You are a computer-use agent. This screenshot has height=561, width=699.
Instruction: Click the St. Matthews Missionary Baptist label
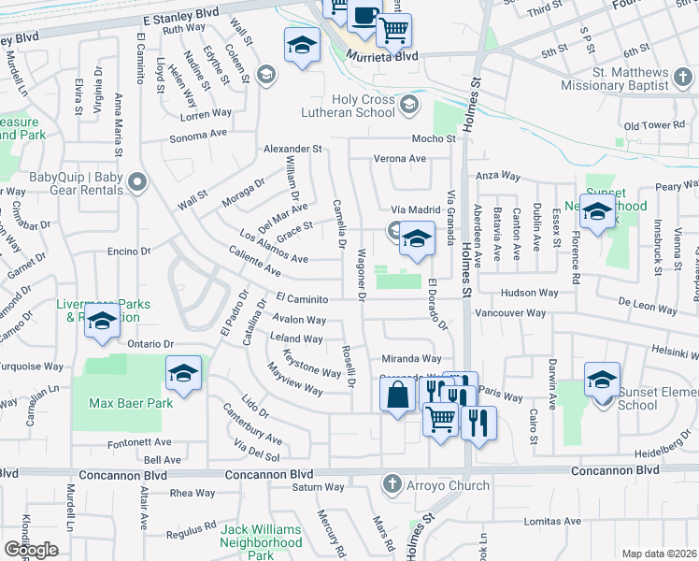click(616, 79)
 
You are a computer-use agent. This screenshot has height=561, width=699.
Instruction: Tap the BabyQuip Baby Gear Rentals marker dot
click(137, 182)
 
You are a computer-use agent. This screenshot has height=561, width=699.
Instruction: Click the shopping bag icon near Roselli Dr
click(398, 394)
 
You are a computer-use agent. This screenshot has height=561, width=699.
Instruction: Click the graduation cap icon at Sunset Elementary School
click(603, 379)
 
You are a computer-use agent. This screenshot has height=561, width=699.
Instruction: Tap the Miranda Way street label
click(410, 358)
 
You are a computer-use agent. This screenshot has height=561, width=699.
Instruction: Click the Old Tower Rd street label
click(654, 125)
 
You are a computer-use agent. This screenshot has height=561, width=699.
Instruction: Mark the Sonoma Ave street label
click(199, 136)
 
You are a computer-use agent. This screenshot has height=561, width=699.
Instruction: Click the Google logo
click(31, 550)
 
